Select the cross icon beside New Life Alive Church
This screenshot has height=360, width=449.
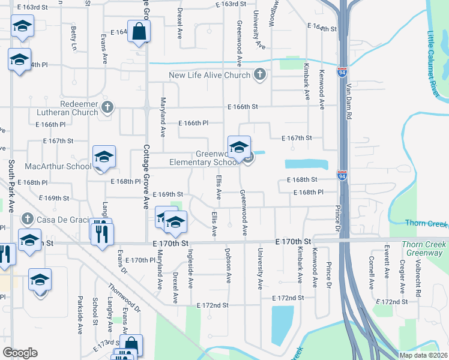coord(259,75)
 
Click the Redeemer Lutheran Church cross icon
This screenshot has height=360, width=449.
coord(107,107)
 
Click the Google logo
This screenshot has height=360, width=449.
coord(20,353)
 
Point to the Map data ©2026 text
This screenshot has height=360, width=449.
coord(423,355)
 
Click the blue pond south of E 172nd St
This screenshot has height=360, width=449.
coord(283,325)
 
